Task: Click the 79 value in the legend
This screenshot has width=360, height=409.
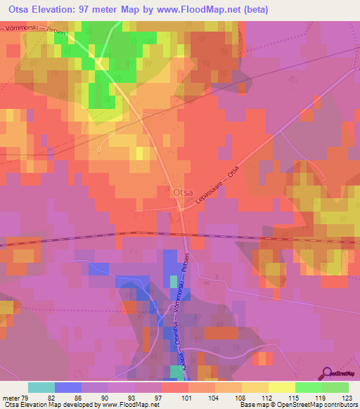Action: click(x=26, y=397)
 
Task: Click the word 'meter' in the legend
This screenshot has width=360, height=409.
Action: click(x=10, y=397)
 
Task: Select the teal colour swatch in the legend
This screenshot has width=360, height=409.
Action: click(x=41, y=387)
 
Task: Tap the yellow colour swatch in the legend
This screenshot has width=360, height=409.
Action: click(x=282, y=387)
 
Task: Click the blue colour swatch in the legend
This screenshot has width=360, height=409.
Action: click(x=67, y=387)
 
